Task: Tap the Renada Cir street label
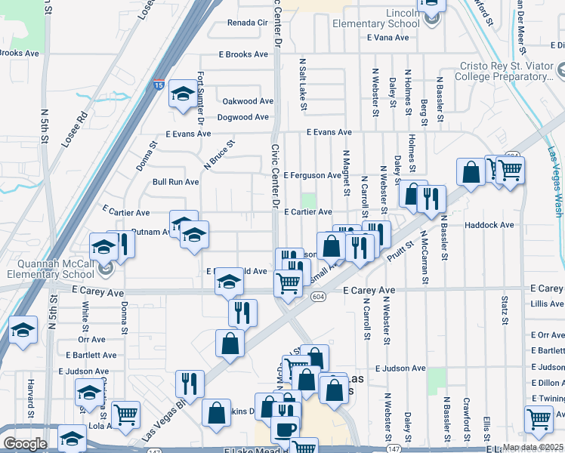point(248,23)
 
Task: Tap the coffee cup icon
point(285,430)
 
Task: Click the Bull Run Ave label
point(175,182)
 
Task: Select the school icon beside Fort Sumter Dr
point(182,94)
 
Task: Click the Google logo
point(24,444)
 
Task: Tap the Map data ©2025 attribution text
point(533,447)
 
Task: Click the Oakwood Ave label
point(247,101)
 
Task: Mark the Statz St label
point(504,310)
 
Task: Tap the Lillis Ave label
point(547,304)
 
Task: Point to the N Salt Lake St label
point(302,83)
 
